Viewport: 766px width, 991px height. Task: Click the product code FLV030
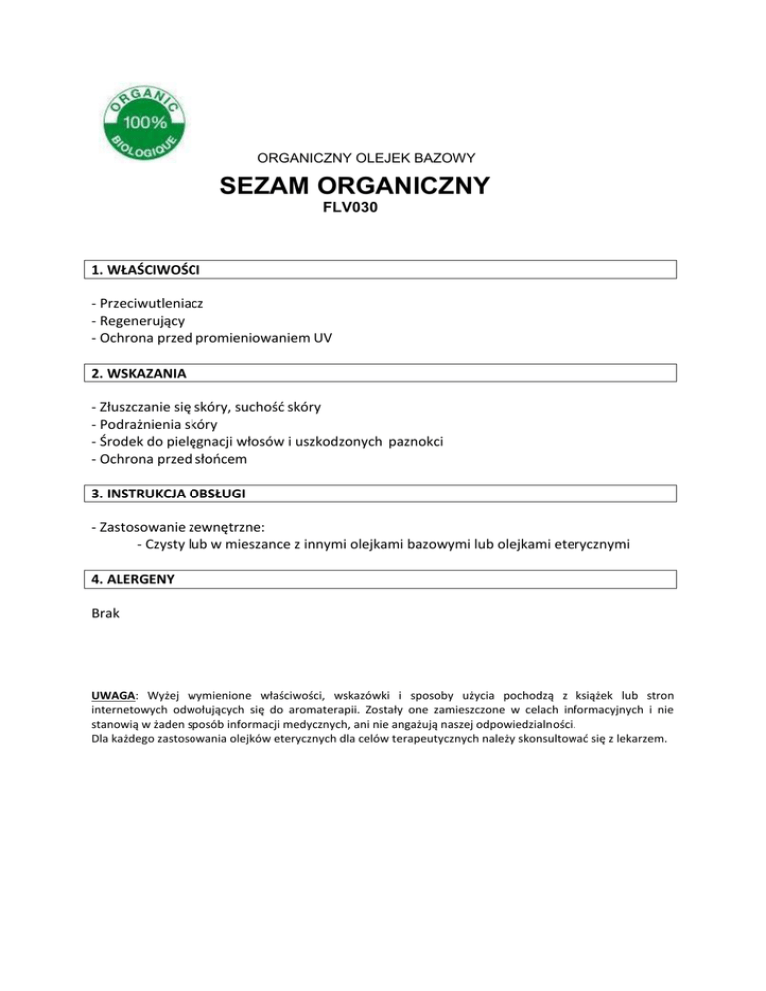354,211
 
